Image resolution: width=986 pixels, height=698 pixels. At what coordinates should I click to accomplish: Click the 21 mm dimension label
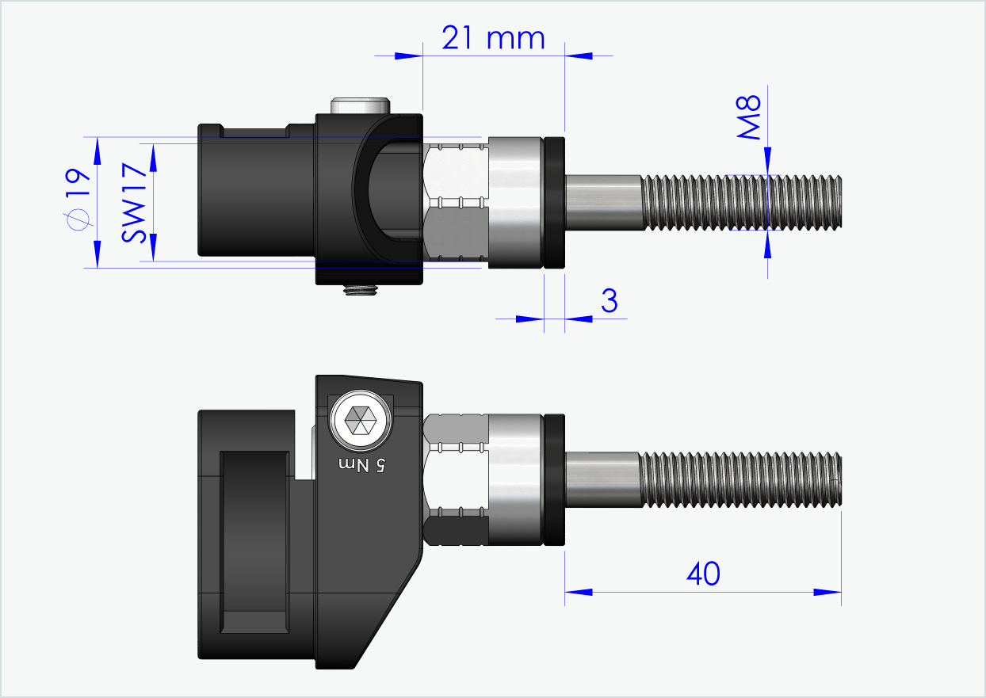tap(493, 37)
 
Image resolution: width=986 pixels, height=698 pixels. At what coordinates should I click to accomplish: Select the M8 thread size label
tap(748, 117)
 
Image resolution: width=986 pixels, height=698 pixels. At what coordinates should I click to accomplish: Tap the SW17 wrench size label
tap(134, 202)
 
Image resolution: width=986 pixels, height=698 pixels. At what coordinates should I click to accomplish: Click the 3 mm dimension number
tap(609, 301)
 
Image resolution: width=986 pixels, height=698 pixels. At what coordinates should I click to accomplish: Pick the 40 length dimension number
tap(702, 574)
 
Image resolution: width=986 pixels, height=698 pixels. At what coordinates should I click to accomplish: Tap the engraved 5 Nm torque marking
tap(362, 465)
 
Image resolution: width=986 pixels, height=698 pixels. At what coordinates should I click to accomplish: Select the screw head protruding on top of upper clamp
tap(361, 105)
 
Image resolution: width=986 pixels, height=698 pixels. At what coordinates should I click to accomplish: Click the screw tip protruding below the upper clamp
tap(361, 291)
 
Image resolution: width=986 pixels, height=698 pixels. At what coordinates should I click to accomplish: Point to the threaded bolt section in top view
tap(740, 203)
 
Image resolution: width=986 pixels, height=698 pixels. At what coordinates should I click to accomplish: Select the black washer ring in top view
tap(554, 203)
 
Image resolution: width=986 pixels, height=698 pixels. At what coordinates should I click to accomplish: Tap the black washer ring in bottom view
tap(554, 479)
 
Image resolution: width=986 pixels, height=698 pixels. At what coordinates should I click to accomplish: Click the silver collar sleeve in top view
tap(515, 203)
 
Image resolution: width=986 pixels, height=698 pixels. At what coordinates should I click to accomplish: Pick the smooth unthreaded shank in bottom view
tap(602, 479)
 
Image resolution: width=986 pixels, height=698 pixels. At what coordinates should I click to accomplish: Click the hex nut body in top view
tap(455, 203)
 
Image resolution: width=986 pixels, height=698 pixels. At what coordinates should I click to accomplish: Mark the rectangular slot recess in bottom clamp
tap(254, 543)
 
